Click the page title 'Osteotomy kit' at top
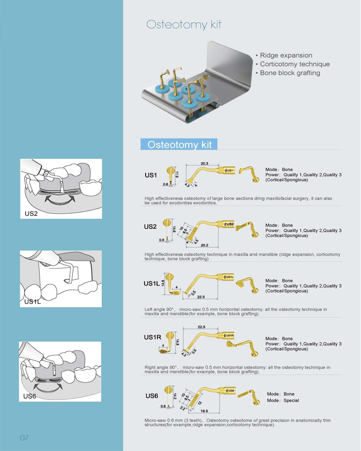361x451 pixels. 184,24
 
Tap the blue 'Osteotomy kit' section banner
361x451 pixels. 180,144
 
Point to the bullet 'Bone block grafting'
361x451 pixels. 290,73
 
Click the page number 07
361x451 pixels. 24,437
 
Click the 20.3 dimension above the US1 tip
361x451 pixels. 204,163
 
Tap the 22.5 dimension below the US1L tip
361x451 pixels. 201,297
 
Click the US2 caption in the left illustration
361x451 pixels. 32,213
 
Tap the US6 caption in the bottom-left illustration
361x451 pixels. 30,396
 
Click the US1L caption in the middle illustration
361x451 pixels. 32,302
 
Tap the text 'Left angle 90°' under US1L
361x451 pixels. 160,309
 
